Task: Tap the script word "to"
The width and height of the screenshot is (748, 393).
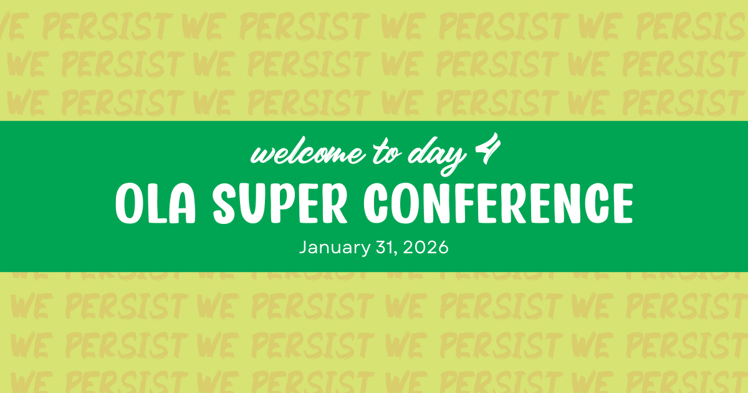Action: click(x=386, y=152)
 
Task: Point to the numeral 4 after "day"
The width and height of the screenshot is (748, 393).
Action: click(x=488, y=148)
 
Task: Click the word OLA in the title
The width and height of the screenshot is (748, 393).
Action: click(x=156, y=203)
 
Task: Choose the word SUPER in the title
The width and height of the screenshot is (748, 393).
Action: click(x=280, y=203)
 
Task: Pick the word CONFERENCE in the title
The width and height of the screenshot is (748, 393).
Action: click(x=498, y=203)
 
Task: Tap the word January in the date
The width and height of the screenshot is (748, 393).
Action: click(x=335, y=248)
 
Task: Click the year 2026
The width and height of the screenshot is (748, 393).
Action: click(x=425, y=247)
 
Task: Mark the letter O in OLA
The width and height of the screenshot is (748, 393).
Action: click(x=129, y=203)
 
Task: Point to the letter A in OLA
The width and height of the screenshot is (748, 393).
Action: click(x=182, y=203)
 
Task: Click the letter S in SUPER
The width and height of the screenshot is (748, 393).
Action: click(x=224, y=203)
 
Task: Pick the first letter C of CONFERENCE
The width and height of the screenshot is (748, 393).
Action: click(x=376, y=203)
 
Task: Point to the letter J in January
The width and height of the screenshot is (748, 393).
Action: click(x=304, y=247)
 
